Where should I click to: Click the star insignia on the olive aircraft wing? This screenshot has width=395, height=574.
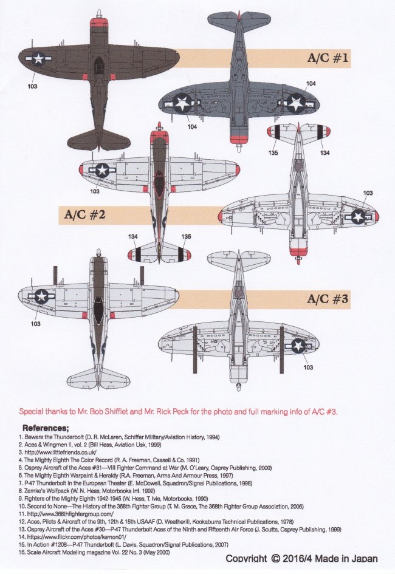(38, 59)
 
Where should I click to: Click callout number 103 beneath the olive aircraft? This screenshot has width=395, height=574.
(32, 86)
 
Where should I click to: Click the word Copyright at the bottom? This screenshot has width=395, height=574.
(246, 559)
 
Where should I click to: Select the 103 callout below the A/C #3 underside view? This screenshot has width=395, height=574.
(308, 367)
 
